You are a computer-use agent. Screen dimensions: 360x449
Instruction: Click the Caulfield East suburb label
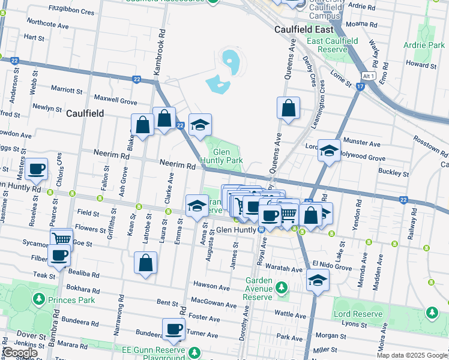tap(303, 29)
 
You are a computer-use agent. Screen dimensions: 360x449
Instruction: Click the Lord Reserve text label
tap(358, 314)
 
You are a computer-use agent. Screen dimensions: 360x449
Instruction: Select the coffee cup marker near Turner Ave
tap(174, 329)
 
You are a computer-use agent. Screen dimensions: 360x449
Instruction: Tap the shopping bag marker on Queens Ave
tap(289, 109)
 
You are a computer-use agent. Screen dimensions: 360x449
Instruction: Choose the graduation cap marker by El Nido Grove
tap(318, 280)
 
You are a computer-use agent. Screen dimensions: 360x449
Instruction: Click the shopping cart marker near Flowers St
tap(61, 239)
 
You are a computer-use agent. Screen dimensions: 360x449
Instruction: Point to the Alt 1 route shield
tap(369, 76)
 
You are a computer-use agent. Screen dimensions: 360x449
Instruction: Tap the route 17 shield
tap(360, 86)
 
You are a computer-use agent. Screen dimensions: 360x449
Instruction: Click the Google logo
tap(20, 353)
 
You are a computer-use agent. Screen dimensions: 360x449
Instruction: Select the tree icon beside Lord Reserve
tap(432, 313)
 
